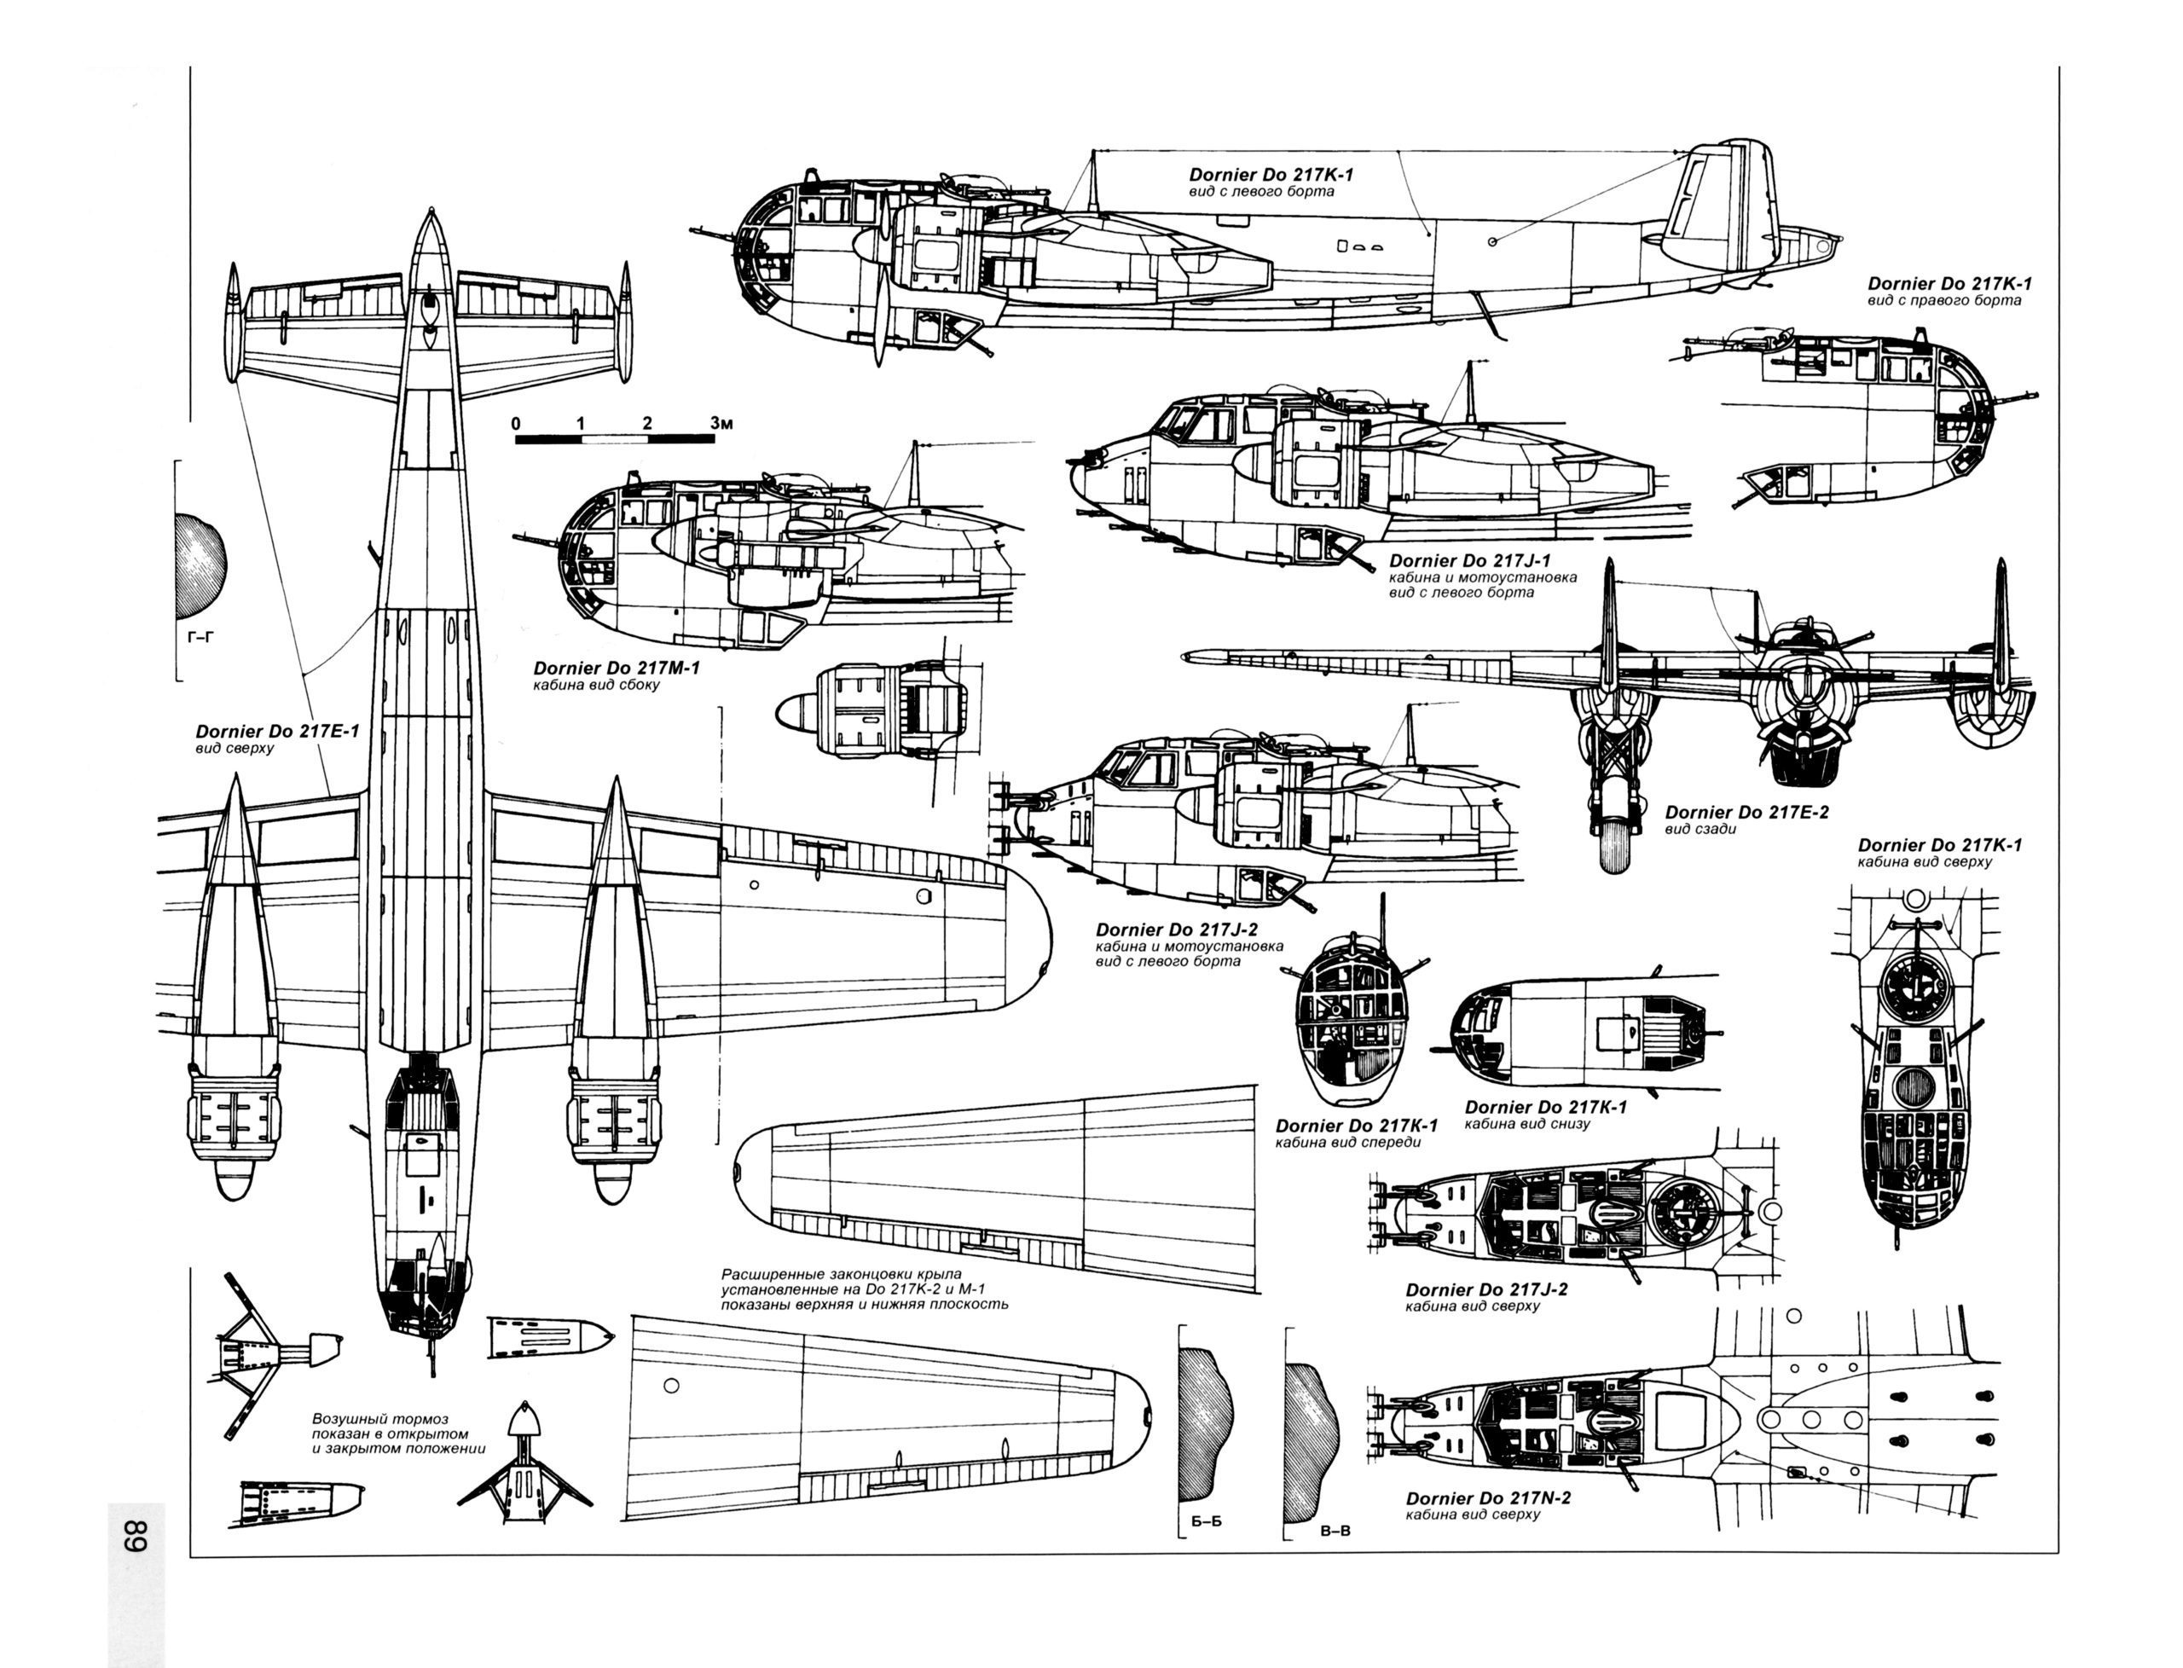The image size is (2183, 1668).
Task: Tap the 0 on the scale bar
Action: tap(516, 424)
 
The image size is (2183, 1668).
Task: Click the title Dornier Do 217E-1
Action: tap(277, 732)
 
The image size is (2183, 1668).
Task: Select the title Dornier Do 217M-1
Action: tap(616, 669)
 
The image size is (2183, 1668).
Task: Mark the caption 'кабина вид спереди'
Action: tap(1347, 1142)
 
